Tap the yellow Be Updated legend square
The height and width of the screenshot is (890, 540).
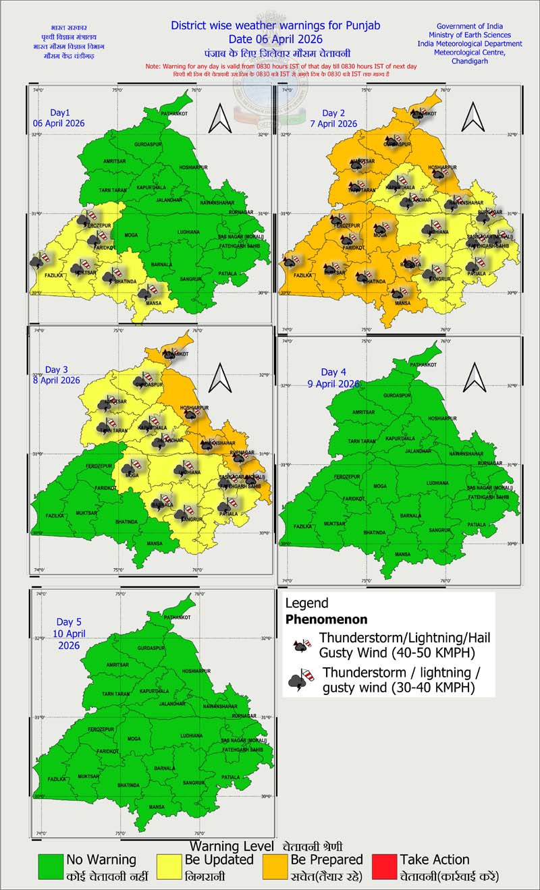pyautogui.click(x=169, y=868)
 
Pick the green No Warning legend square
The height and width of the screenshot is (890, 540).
pyautogui.click(x=51, y=868)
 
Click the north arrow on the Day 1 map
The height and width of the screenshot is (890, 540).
pyautogui.click(x=220, y=119)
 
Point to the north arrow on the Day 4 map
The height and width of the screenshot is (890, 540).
pyautogui.click(x=475, y=377)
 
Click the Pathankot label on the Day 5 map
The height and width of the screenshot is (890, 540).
pyautogui.click(x=177, y=617)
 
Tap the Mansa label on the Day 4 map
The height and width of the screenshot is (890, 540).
pyautogui.click(x=403, y=554)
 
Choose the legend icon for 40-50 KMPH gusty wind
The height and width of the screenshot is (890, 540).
pyautogui.click(x=302, y=644)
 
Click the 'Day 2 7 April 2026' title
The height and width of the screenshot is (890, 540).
pyautogui.click(x=339, y=118)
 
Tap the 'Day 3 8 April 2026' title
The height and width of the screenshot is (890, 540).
pyautogui.click(x=61, y=375)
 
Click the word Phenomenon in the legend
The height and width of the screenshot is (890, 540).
pyautogui.click(x=327, y=619)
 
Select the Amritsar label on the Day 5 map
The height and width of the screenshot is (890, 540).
pyautogui.click(x=117, y=665)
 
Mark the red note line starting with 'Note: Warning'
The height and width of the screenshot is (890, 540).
pyautogui.click(x=281, y=66)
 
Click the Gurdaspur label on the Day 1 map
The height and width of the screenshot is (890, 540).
pyautogui.click(x=149, y=144)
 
